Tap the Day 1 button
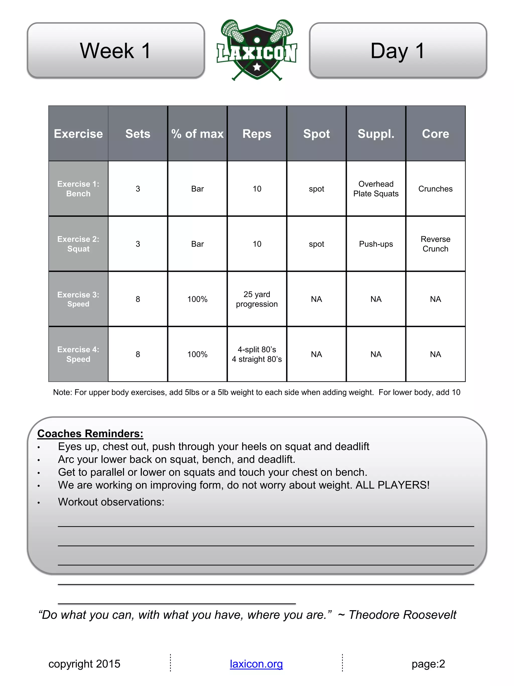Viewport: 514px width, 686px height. (x=398, y=50)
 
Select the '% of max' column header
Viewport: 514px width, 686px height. (x=197, y=134)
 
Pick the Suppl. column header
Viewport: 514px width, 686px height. (x=376, y=134)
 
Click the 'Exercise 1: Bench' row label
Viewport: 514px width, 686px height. (x=78, y=189)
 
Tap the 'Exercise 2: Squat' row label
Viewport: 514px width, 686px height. (x=78, y=244)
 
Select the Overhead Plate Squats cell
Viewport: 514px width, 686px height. (x=376, y=189)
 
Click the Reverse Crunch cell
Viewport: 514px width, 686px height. (x=435, y=244)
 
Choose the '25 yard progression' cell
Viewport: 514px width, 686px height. (x=257, y=299)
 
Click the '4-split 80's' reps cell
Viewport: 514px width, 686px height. (x=257, y=354)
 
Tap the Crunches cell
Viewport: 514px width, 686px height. (x=435, y=189)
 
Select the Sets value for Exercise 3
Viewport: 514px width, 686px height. (x=138, y=299)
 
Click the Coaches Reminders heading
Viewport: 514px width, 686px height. (x=90, y=433)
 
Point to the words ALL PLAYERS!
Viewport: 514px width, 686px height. (x=393, y=485)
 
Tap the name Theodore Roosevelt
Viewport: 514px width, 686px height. (x=402, y=615)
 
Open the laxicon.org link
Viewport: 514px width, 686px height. (x=256, y=664)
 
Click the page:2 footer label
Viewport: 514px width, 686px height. (x=428, y=664)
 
